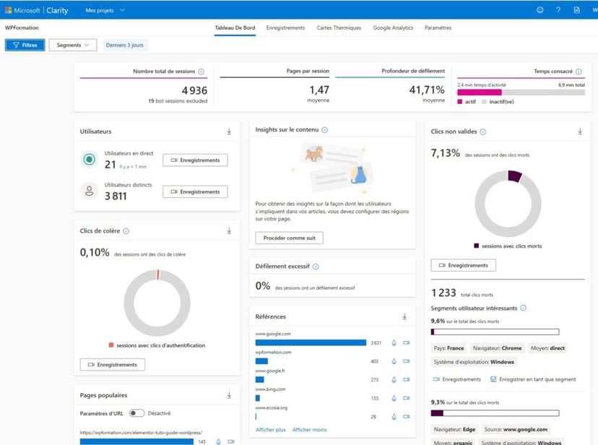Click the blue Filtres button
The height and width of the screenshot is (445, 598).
[25, 45]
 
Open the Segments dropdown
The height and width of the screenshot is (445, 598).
[72, 45]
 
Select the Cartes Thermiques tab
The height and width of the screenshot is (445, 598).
[339, 27]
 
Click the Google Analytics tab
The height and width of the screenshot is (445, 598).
[393, 27]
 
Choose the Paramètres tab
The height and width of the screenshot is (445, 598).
[438, 27]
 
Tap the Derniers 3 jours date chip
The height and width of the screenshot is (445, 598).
[125, 45]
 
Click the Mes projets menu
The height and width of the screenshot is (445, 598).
[105, 10]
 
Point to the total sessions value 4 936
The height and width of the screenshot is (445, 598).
[194, 90]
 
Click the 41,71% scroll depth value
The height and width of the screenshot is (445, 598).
[427, 90]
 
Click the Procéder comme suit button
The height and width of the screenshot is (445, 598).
[289, 238]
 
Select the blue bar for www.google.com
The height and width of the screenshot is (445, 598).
[311, 342]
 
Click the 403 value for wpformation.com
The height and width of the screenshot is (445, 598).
[375, 361]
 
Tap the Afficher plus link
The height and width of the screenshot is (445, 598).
[271, 430]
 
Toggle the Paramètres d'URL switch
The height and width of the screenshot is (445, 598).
[136, 413]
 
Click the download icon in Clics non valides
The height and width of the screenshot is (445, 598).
[579, 131]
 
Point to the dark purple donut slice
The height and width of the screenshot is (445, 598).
[514, 176]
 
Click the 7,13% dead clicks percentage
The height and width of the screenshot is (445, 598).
[445, 153]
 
